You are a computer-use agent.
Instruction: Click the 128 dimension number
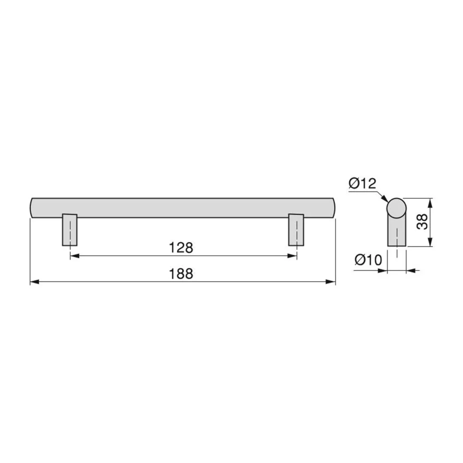tap(181, 248)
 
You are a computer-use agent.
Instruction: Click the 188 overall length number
tap(181, 274)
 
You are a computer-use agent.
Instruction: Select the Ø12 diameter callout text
tap(362, 184)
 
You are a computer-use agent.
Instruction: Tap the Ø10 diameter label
tap(368, 260)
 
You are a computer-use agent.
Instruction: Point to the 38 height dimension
tap(423, 222)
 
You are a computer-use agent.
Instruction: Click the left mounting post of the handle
tap(70, 230)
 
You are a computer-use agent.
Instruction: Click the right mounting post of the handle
tap(296, 230)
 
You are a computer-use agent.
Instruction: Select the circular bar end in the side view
tap(397, 208)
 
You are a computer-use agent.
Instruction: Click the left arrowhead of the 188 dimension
tap(34, 282)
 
